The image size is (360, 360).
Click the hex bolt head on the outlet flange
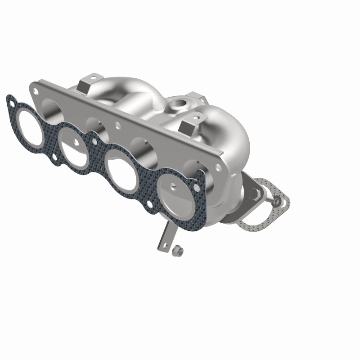[x=254, y=192]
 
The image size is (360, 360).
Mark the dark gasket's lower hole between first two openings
[x=54, y=157]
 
